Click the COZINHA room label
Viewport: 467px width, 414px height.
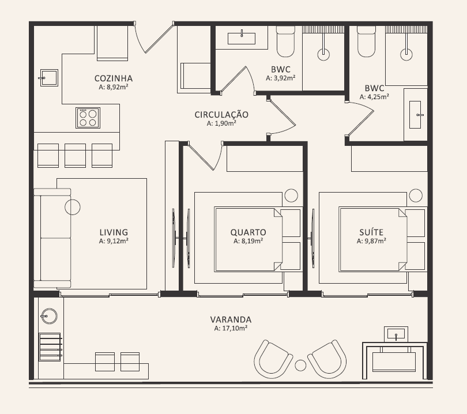[114, 78]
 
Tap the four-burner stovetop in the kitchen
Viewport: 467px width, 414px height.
[88, 118]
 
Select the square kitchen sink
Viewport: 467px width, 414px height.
[49, 78]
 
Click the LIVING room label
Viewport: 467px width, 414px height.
[114, 232]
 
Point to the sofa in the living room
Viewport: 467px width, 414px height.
[52, 238]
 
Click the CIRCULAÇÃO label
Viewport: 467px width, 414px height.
[221, 115]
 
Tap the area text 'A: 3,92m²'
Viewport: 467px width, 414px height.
[281, 78]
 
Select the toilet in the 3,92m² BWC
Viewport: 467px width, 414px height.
[285, 42]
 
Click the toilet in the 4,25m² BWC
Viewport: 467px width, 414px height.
[366, 42]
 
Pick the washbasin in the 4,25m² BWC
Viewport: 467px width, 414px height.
[415, 115]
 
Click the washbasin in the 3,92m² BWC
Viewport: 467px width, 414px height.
[242, 39]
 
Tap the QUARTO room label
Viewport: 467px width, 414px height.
[248, 232]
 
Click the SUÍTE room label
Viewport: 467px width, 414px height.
[371, 232]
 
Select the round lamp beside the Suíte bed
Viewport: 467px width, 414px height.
[416, 195]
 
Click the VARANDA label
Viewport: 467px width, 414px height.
[231, 319]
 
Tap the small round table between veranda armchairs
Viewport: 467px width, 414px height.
[300, 365]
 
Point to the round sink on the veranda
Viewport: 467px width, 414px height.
[49, 316]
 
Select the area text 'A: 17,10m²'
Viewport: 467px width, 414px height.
[231, 328]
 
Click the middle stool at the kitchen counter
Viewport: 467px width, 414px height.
[75, 155]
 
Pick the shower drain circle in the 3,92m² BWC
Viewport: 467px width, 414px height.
[323, 55]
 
